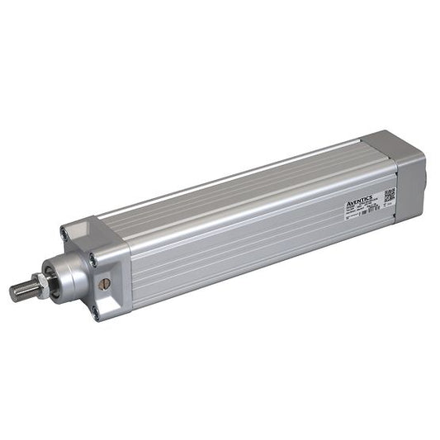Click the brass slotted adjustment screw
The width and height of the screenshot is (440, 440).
pyautogui.click(x=104, y=283)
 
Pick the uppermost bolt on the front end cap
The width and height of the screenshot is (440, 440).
pyautogui.click(x=64, y=234)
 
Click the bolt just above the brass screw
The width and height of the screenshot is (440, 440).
pyautogui.click(x=93, y=260)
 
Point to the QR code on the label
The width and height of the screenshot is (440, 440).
pyautogui.click(x=389, y=196)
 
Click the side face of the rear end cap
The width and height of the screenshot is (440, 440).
pyautogui.click(x=410, y=186)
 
